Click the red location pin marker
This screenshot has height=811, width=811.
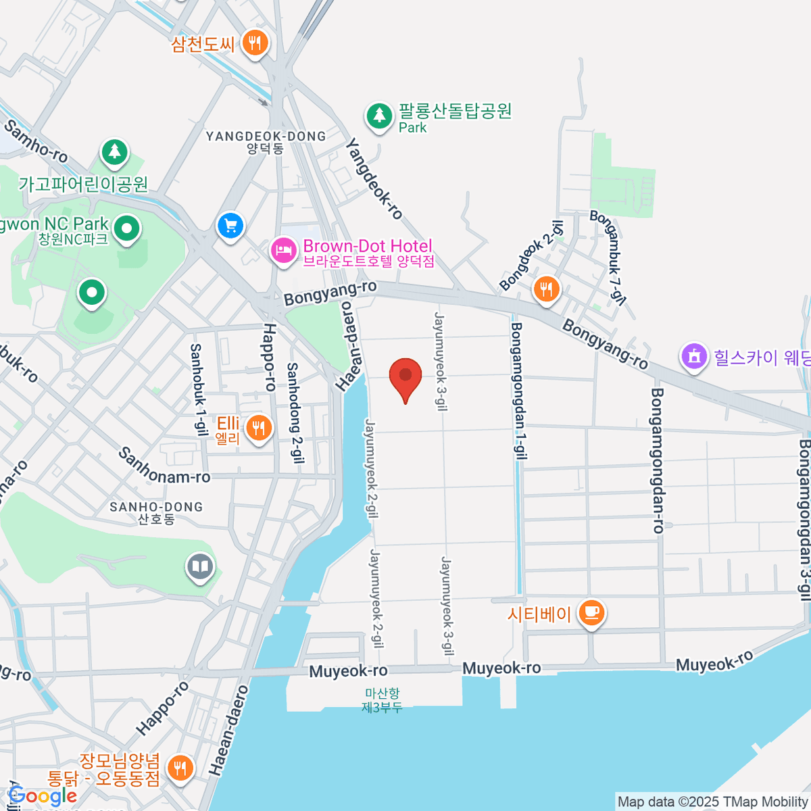(x=405, y=377)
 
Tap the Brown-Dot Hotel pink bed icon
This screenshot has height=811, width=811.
(x=283, y=251)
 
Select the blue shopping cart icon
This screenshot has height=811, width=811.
(x=230, y=225)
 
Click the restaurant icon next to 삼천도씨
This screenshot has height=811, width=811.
(x=255, y=43)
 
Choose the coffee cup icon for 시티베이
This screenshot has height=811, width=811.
(x=592, y=613)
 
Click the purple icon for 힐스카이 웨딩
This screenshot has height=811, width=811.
(x=693, y=356)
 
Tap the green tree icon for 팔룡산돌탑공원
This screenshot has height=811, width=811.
(x=379, y=116)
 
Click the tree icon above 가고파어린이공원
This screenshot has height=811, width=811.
(x=115, y=152)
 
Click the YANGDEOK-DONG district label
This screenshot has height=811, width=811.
(x=266, y=142)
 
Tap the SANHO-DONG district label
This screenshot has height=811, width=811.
(x=156, y=512)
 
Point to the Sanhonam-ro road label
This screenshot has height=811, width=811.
(x=164, y=465)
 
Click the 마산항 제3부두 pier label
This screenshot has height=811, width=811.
(x=382, y=700)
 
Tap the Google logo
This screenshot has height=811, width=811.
(x=42, y=796)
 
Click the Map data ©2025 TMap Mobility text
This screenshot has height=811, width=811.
(x=712, y=802)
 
